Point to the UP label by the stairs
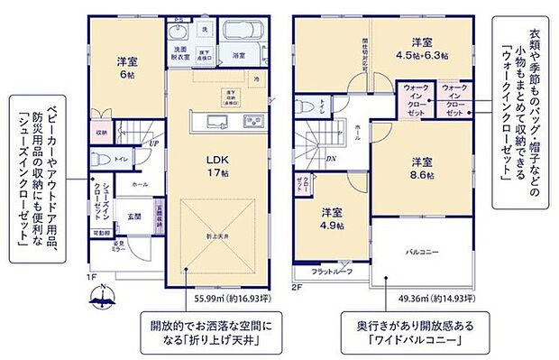[x=154, y=143]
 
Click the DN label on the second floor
[x=331, y=160]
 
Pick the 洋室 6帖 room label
[x=126, y=68]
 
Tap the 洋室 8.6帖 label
[x=422, y=168]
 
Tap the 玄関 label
[x=133, y=217]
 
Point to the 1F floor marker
[x=94, y=275]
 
